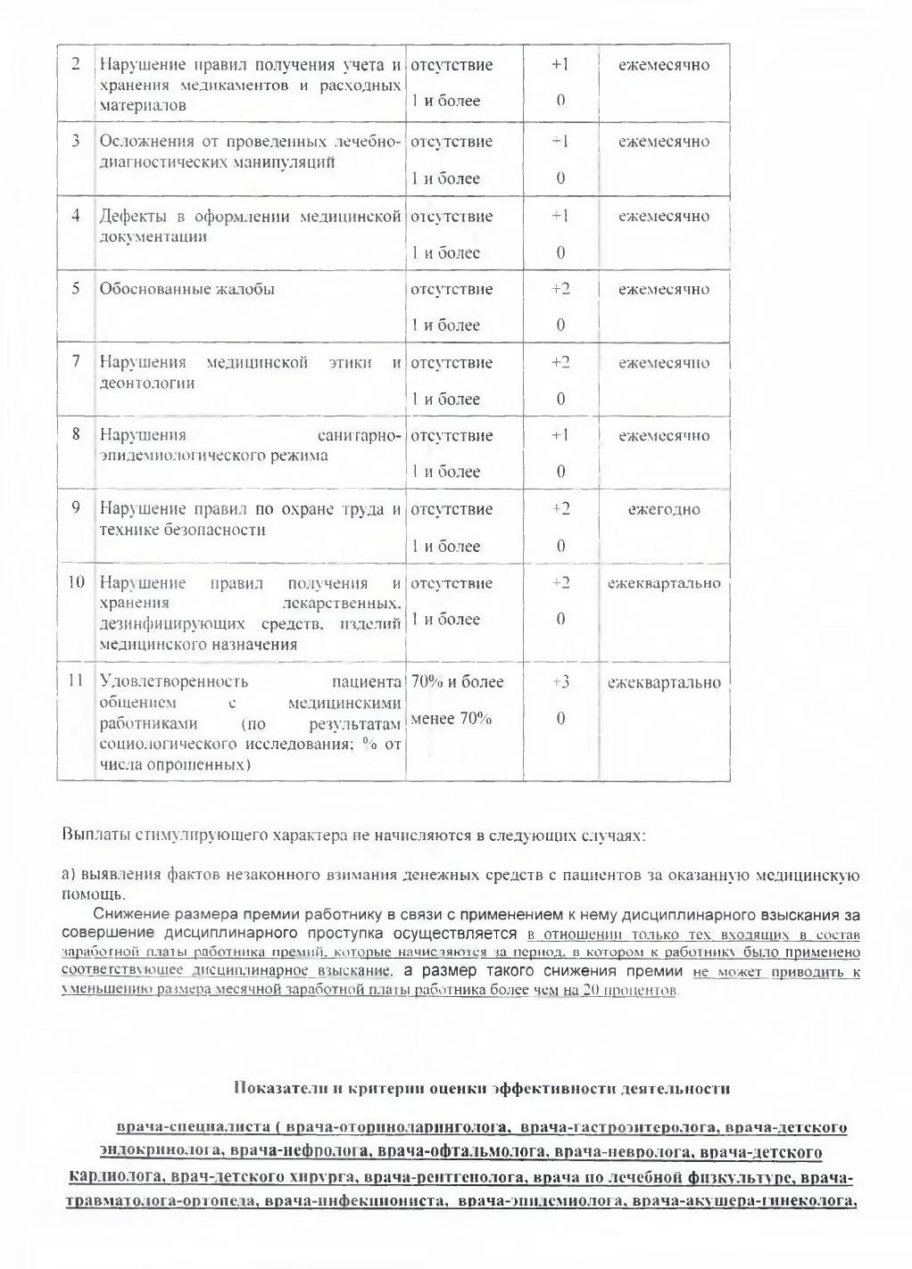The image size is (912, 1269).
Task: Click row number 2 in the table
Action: [x=75, y=65]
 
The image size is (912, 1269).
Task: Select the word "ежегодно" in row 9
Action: [x=664, y=510]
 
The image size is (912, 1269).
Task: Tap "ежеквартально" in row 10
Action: [x=664, y=584]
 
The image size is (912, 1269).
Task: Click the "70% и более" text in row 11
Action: [x=457, y=682]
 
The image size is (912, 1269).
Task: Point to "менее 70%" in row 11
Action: [x=451, y=719]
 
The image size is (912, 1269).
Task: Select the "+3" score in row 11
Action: [x=560, y=682]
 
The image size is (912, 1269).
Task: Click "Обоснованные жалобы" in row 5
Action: [x=187, y=289]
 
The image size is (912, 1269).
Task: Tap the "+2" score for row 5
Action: [x=560, y=289]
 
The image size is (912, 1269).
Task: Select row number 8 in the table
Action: [x=77, y=435]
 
